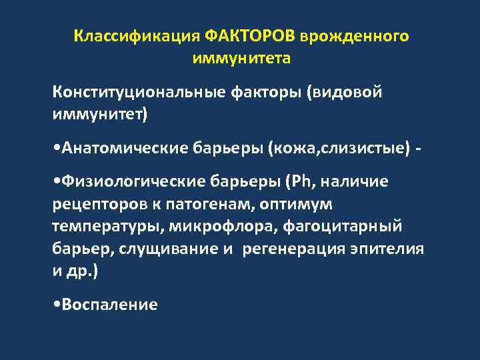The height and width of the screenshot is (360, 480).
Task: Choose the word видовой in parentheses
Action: (x=345, y=91)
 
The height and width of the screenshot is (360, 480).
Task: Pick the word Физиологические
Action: (x=123, y=181)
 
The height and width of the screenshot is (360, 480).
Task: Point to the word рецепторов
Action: (x=93, y=202)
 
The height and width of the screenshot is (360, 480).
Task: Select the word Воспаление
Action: (x=111, y=305)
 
